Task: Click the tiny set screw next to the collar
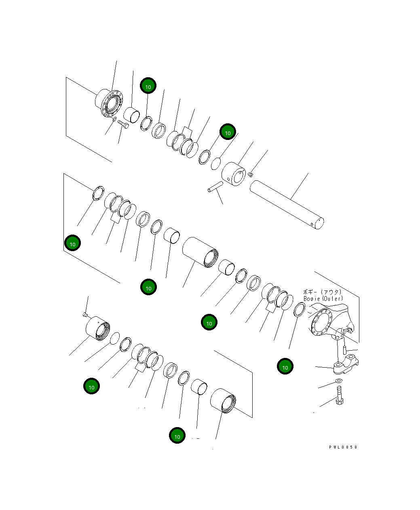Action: (x=251, y=174)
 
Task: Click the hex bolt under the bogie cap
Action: (x=340, y=394)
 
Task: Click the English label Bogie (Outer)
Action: (x=323, y=298)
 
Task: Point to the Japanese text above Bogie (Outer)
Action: (x=322, y=292)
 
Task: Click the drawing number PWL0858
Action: (x=343, y=447)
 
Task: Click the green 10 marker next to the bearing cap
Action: (x=285, y=367)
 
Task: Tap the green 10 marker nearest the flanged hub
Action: (x=148, y=86)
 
